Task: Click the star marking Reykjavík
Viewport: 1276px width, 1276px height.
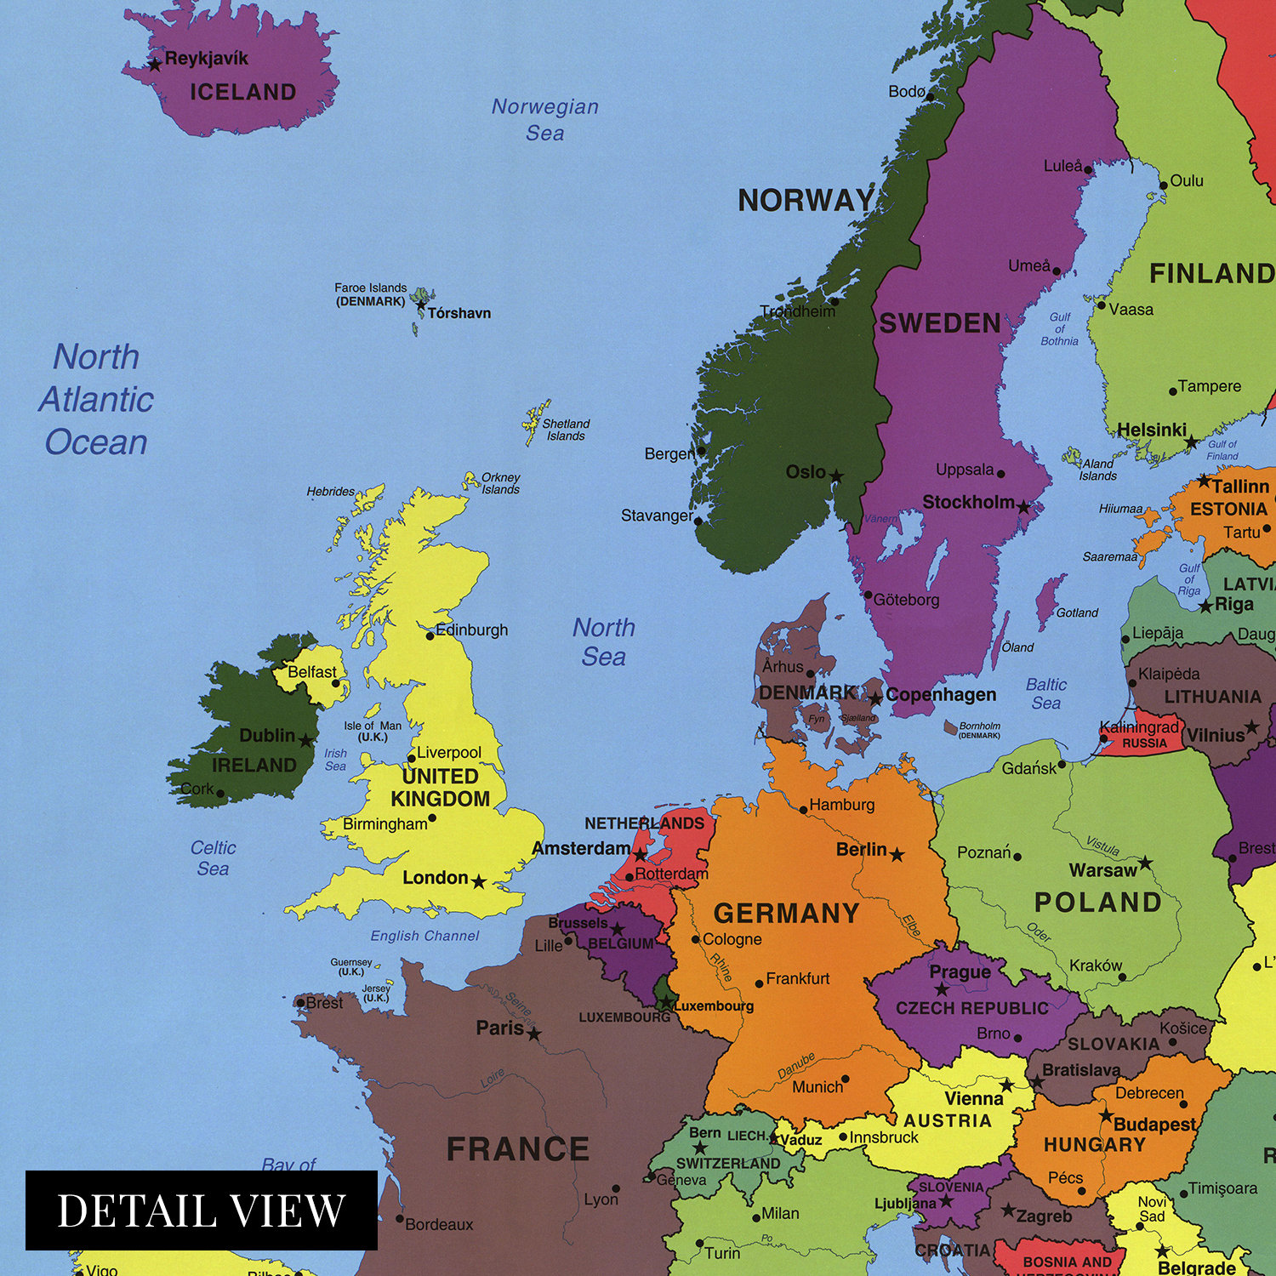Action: pos(155,64)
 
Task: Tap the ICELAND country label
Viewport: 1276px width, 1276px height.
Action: pos(242,92)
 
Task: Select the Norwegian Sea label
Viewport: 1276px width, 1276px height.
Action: pos(545,119)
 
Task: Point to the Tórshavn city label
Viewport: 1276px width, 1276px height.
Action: pos(459,313)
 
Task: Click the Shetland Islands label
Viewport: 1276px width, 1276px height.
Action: pos(566,430)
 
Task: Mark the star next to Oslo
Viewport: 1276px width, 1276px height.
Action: pos(837,476)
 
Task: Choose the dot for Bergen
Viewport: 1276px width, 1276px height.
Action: pos(702,452)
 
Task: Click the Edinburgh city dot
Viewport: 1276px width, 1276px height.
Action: pos(430,635)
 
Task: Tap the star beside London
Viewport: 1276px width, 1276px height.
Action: pos(479,882)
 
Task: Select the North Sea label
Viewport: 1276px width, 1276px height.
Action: pos(604,641)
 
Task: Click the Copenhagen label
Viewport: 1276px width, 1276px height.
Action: pos(940,694)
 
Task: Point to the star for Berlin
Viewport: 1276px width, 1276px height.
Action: pos(897,854)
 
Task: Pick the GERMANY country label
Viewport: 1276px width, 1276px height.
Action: pos(787,913)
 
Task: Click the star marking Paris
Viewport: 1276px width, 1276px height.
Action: pos(533,1034)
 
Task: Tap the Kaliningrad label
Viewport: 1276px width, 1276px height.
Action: pos(1138,727)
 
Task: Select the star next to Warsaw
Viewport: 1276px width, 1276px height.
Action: pos(1146,863)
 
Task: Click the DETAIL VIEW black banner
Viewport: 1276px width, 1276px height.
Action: pos(201,1210)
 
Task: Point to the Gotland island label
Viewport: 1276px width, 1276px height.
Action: pos(1077,612)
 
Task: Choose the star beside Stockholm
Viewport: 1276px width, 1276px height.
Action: pos(1024,508)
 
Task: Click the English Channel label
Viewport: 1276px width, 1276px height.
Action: pos(424,936)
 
